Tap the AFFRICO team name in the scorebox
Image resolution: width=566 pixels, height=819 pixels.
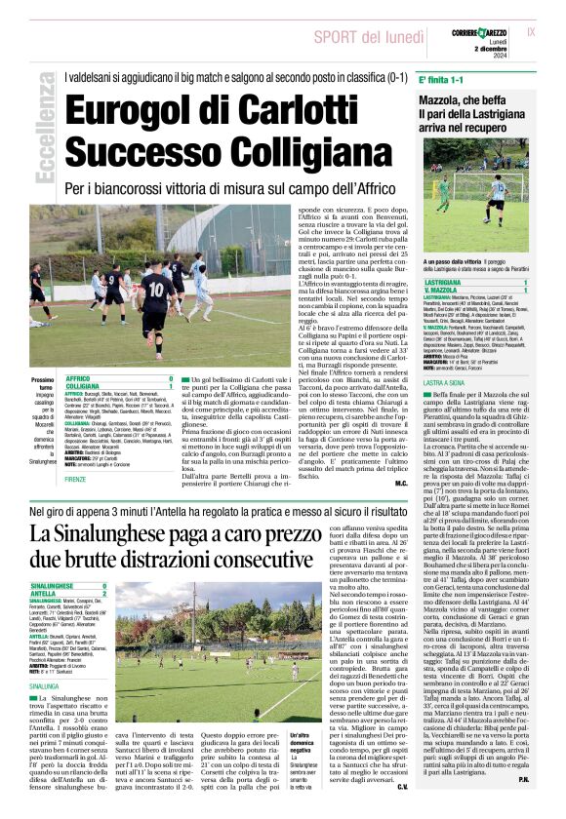point(82,377)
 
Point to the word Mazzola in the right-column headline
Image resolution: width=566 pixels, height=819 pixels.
point(448,100)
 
